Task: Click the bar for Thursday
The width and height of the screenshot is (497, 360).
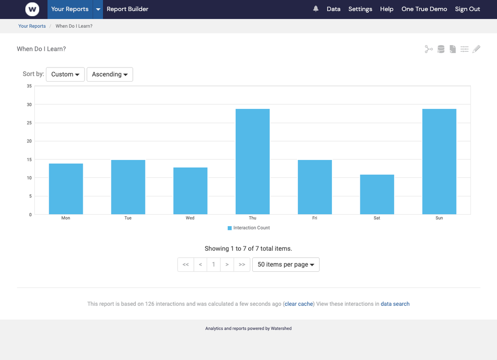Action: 252,162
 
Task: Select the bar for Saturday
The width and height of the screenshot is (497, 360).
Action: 377,194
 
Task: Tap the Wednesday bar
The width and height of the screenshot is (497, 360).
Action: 190,191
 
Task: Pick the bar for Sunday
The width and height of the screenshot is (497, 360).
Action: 439,162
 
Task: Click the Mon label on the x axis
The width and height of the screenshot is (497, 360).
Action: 66,218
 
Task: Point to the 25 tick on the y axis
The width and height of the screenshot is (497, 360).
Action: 29,123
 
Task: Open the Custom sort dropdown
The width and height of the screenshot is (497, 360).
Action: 65,75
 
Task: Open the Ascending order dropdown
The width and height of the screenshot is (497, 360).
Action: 110,75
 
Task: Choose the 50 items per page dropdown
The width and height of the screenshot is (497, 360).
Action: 286,265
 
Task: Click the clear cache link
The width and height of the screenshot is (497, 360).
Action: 299,304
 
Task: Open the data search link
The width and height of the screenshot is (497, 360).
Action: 395,304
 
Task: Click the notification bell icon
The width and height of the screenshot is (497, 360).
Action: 316,9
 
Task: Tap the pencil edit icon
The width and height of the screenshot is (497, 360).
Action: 476,49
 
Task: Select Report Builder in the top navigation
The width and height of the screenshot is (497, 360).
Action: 127,9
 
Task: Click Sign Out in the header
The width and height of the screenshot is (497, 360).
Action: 467,9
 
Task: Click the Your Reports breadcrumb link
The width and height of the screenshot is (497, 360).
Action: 32,26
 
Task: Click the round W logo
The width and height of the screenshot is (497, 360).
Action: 32,9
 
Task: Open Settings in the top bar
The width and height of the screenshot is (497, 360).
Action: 360,9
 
